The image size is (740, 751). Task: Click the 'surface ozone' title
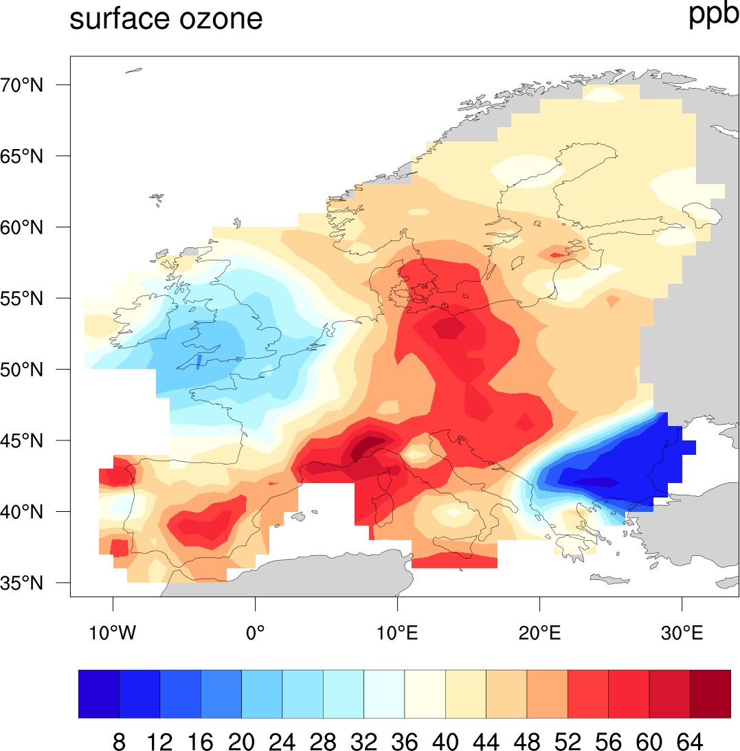coord(166,19)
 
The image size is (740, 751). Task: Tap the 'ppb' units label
coord(713,15)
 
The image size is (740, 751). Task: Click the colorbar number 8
coord(119,741)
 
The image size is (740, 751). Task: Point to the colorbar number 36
coord(405,741)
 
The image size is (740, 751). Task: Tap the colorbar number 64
coord(690,741)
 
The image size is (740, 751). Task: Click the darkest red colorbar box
coord(710,694)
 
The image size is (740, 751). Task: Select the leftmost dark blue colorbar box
coord(99,694)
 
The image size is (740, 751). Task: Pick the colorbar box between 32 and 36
coord(384,694)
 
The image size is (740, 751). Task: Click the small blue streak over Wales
coord(199,361)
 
